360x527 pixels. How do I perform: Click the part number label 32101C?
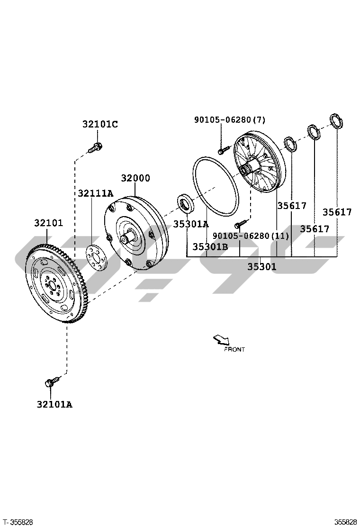(100, 124)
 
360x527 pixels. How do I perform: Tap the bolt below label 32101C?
(95, 147)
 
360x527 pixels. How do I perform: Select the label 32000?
(135, 178)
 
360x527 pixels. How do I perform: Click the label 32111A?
(96, 193)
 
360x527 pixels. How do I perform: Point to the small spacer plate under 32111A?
(95, 258)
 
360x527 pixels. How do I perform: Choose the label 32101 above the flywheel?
(48, 222)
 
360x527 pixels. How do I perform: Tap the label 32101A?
(54, 404)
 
